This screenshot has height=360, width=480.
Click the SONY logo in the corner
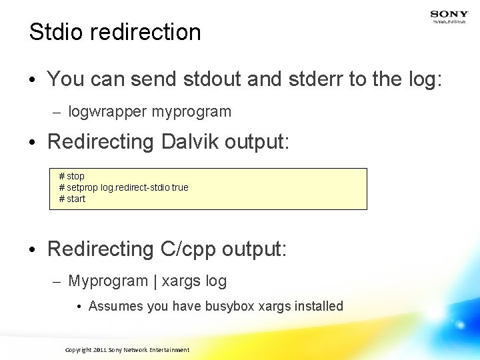[x=449, y=13]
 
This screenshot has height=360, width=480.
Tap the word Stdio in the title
[x=55, y=32]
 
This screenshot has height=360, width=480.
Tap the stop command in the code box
[x=75, y=176]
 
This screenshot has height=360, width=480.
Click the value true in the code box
[x=180, y=187]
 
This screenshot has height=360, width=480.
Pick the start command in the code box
[x=76, y=199]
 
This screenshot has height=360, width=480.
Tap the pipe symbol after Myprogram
[x=155, y=281]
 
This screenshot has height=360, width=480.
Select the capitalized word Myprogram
[x=108, y=281]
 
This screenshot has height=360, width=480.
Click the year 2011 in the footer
[x=99, y=350]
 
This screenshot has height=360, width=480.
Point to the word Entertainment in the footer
[x=167, y=350]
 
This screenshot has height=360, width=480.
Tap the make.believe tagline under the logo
[x=449, y=22]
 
